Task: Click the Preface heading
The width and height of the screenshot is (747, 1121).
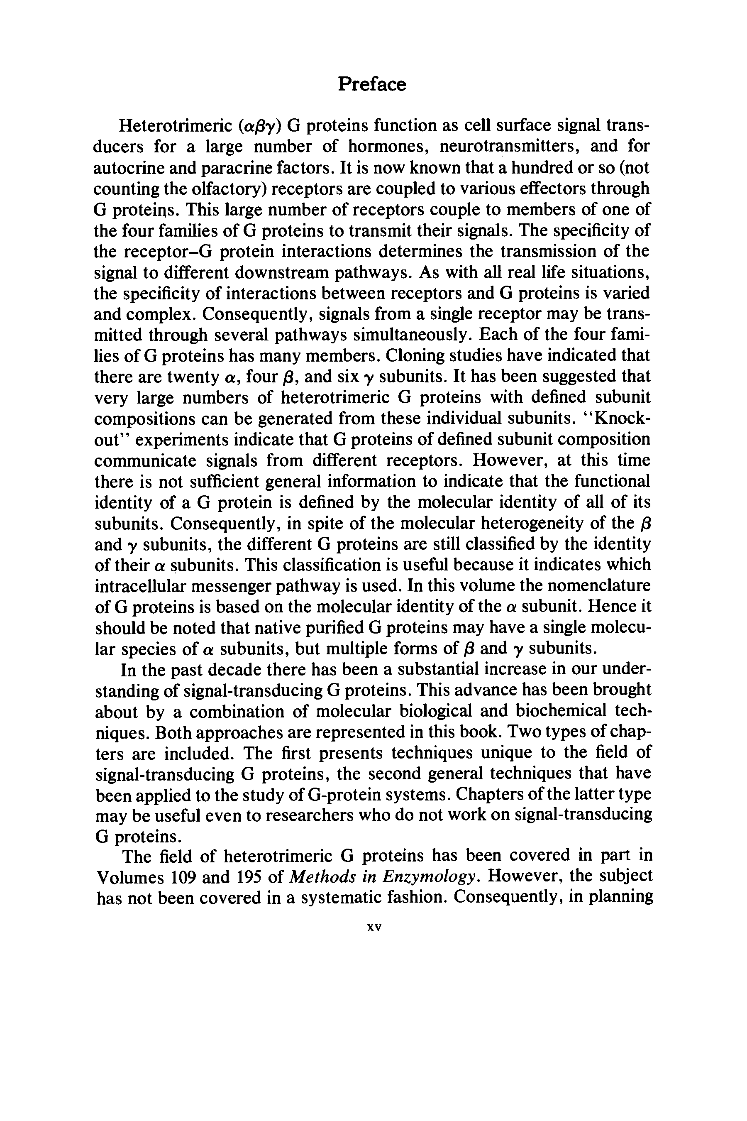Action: (372, 84)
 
